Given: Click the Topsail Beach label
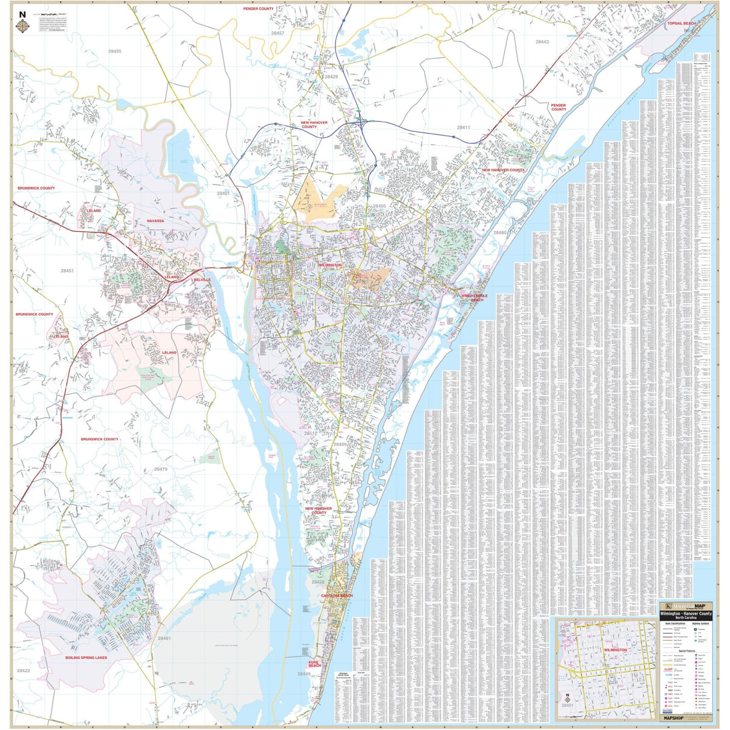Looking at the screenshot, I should pos(681,23).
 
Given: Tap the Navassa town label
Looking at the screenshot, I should pos(155,221).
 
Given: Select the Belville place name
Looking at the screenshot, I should pos(202,280).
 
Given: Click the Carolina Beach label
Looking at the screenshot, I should pos(337,595).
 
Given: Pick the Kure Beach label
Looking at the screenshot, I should pos(314,664).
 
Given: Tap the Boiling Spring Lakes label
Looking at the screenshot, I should pos(86,657).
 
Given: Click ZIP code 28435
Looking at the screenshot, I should pos(114,52).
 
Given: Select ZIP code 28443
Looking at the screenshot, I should pos(542,42).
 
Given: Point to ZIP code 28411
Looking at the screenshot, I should pos(463,127).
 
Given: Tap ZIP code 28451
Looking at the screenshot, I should pos(67,271).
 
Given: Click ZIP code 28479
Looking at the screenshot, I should pos(161,469).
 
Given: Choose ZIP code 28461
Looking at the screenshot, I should pos(164,638).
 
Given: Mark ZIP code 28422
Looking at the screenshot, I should pos(23,670).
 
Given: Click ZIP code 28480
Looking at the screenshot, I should pos(500,232).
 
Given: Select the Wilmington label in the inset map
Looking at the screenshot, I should pos(615,650).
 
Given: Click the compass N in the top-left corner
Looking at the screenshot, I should pos(22,14).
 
